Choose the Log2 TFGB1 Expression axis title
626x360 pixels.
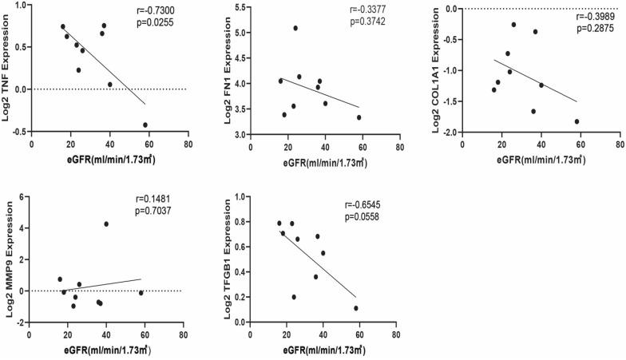coord(226,256)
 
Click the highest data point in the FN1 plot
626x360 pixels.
coord(295,28)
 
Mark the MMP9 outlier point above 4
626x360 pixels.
coord(106,224)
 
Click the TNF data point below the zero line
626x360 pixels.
coord(145,125)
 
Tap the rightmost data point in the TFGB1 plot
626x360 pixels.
coord(356,308)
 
